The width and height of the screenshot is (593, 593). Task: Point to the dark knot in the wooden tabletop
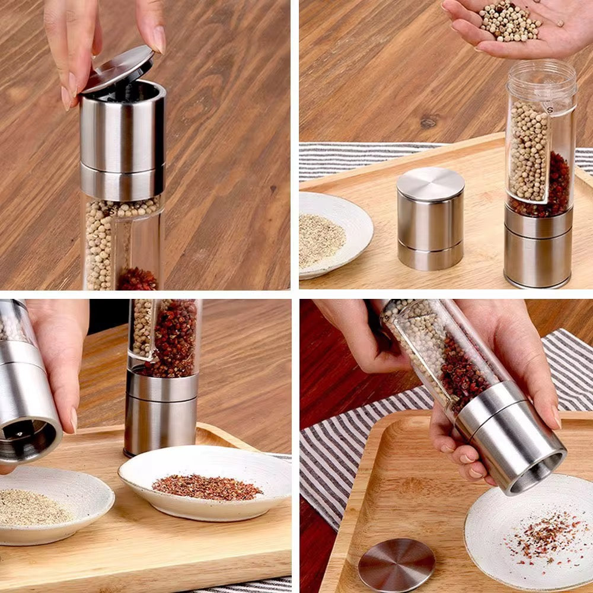click(428, 123)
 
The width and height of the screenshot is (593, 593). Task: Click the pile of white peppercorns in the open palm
click(511, 21)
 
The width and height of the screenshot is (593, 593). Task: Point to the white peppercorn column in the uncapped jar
click(528, 151)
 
